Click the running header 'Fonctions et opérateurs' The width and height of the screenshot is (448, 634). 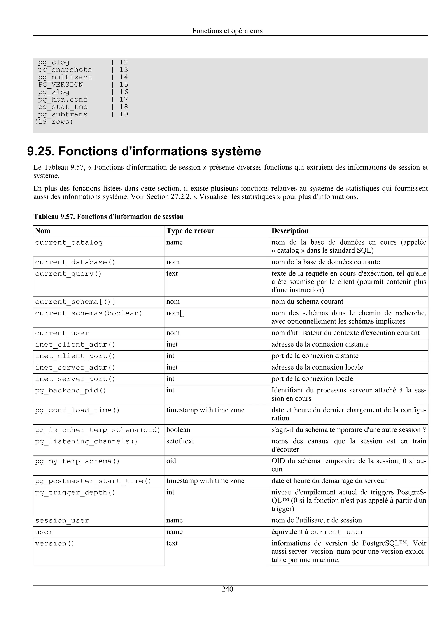coord(227,31)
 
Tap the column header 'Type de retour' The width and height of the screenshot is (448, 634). coord(190,231)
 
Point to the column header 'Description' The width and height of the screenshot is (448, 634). coord(290,231)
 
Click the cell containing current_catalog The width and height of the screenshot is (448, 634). coord(69,242)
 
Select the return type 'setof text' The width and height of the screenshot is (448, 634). coord(180,441)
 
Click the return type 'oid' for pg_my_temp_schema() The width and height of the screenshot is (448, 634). coord(171,461)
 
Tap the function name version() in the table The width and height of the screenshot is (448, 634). coord(55,543)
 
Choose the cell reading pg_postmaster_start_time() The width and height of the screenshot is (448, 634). coord(93,481)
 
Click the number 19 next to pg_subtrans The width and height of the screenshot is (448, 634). coord(124,114)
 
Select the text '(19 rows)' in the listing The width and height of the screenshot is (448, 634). coord(54,122)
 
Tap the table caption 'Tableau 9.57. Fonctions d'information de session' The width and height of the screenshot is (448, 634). coord(108,217)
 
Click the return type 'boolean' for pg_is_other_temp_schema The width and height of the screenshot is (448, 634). coord(178,430)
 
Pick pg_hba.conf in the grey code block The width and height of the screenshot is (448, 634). coord(63,99)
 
